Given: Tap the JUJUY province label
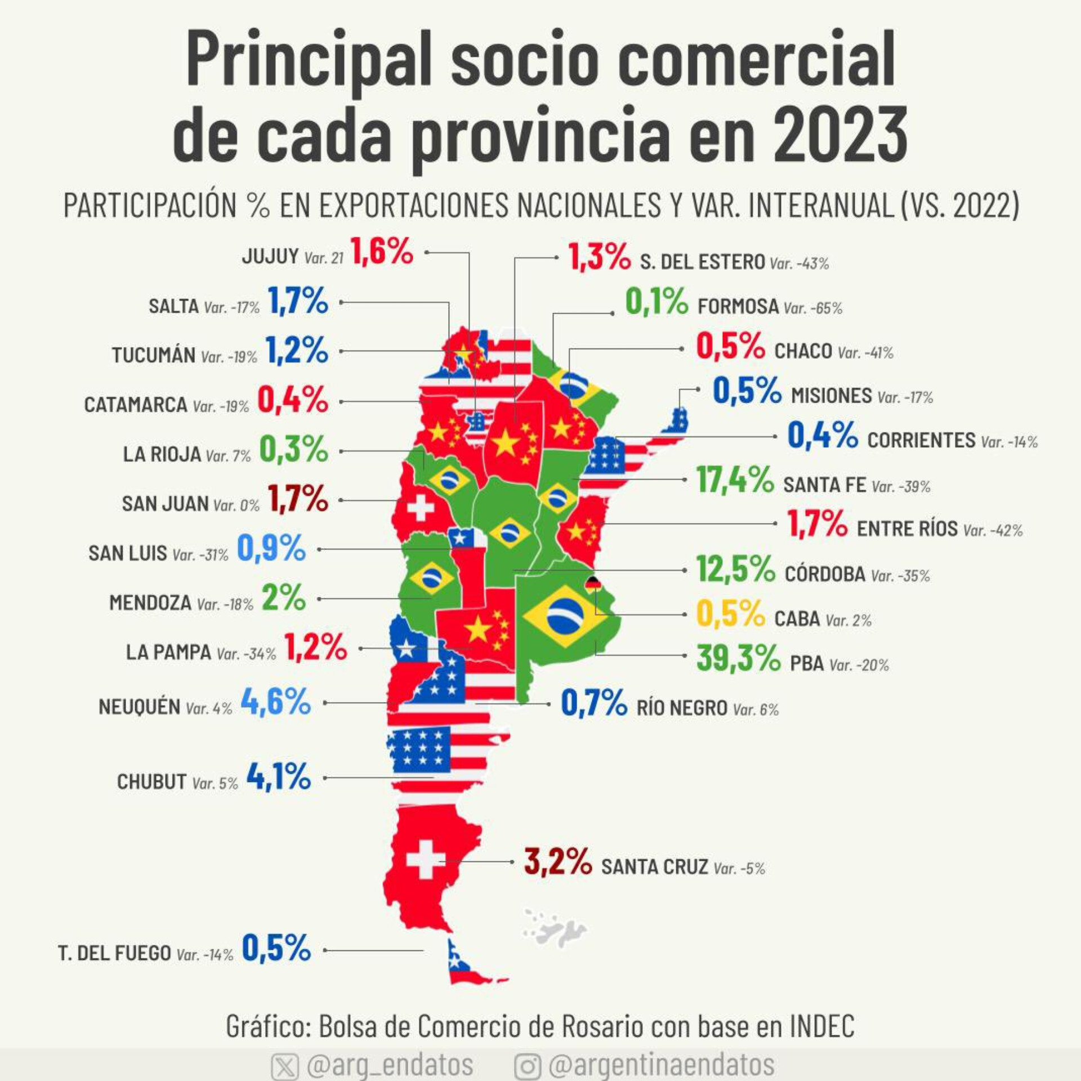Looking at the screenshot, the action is (270, 256).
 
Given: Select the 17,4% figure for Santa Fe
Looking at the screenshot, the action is (735, 480).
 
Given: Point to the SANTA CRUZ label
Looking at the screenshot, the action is (654, 866).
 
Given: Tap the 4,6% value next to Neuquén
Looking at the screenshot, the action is (276, 702).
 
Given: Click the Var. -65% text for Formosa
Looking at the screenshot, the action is (812, 308).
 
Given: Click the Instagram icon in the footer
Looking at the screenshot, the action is (528, 1066).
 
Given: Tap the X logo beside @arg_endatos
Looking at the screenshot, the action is (285, 1066).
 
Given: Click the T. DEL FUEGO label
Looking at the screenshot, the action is (114, 953).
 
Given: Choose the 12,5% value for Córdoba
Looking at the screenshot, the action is (736, 569).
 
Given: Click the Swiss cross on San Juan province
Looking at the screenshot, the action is (421, 509).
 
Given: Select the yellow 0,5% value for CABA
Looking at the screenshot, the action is (731, 614).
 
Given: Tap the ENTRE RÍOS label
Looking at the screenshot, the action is (907, 529).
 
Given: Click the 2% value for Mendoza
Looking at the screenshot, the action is (284, 597).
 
